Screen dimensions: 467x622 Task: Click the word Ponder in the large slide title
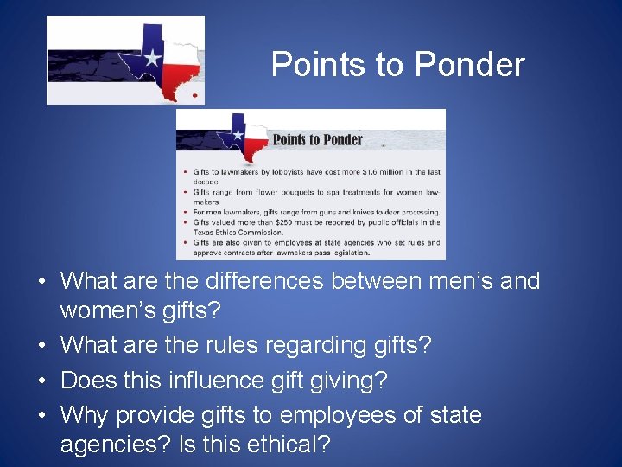coord(469,65)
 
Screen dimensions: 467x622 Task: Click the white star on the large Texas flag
coord(152,59)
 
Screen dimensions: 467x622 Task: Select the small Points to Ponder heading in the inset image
coord(318,140)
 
